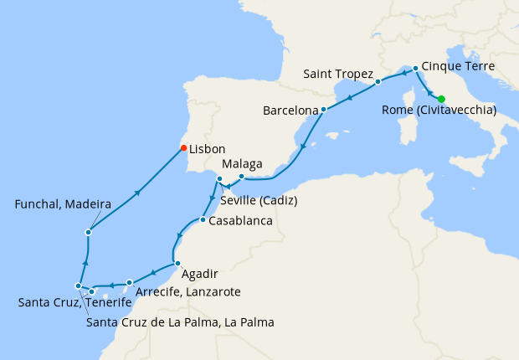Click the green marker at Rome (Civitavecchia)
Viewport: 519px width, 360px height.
441,99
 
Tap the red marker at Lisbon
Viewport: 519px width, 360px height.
183,149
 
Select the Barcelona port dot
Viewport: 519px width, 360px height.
323,110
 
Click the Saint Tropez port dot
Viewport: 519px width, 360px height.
378,82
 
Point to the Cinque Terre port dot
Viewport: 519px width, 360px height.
415,67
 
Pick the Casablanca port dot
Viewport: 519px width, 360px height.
203,220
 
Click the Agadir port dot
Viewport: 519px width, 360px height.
177,264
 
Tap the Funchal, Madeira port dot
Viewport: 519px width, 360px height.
88,232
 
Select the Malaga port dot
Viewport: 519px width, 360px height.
241,176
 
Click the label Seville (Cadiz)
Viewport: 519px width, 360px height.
259,201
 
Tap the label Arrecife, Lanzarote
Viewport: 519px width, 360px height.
188,291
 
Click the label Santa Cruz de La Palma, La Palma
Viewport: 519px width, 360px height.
180,321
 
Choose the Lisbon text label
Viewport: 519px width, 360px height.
208,149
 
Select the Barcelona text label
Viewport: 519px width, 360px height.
290,111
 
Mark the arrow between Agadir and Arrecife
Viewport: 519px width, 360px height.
153,274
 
